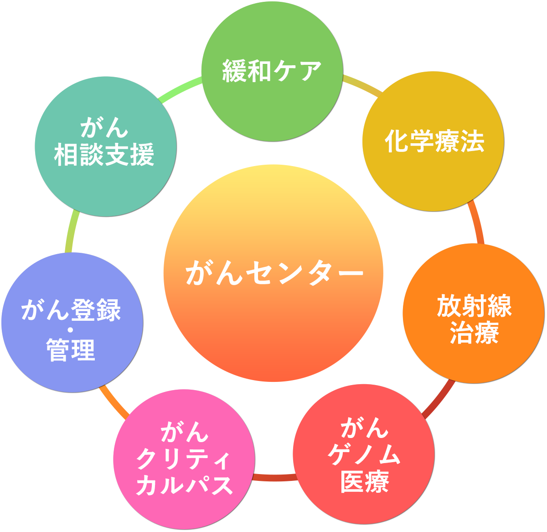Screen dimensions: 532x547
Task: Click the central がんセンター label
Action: [x=273, y=273]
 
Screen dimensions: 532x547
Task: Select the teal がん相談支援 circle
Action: [x=105, y=187]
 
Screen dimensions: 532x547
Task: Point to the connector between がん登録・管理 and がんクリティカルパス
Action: [x=114, y=401]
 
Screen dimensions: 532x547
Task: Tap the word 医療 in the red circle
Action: [x=365, y=482]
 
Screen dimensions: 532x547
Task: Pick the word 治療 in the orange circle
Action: [x=474, y=333]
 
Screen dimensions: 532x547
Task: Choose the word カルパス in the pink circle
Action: [x=184, y=485]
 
